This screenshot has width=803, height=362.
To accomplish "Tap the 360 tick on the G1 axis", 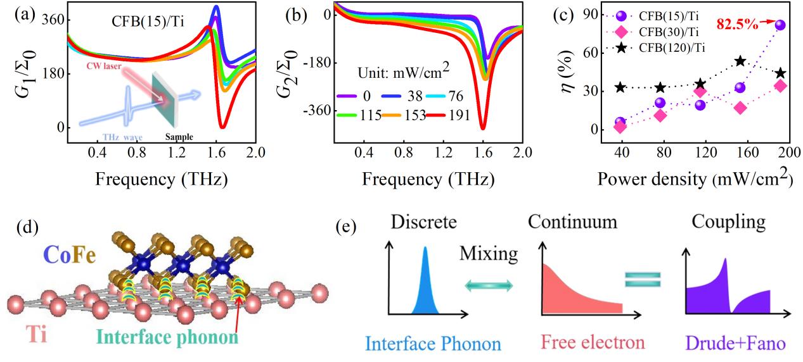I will coord(51,20).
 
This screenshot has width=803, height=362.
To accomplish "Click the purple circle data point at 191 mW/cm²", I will coord(780,25).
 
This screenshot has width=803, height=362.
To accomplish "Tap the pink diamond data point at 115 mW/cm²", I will coord(700,91).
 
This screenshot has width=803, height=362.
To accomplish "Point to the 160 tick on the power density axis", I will coord(740,153).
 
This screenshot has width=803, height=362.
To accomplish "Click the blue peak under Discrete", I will coord(424,282).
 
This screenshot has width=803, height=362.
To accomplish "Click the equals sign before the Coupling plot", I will coord(643,279).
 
